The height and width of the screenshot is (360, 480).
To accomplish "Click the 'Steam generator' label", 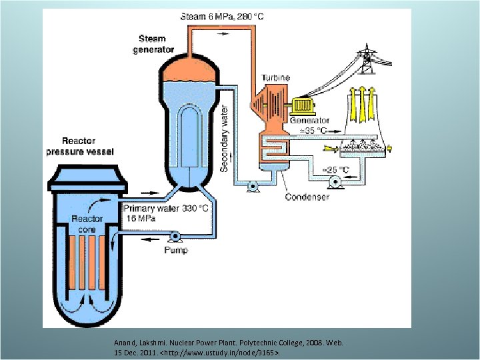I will [155, 43].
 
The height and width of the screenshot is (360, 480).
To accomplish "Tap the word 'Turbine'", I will [275, 78].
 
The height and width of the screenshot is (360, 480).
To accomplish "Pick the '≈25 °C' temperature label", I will [337, 169].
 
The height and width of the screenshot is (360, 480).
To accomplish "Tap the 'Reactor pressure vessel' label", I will [79, 146].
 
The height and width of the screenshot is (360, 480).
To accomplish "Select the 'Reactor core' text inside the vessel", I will [87, 224].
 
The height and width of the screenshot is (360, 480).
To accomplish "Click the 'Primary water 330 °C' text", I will [166, 208].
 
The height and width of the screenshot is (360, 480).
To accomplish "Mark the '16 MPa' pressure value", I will [139, 218].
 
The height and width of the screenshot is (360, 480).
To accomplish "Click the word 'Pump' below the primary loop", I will [176, 250].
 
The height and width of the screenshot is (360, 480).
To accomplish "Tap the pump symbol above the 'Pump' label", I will [175, 236].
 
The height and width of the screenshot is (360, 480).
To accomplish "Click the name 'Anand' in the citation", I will [127, 341].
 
